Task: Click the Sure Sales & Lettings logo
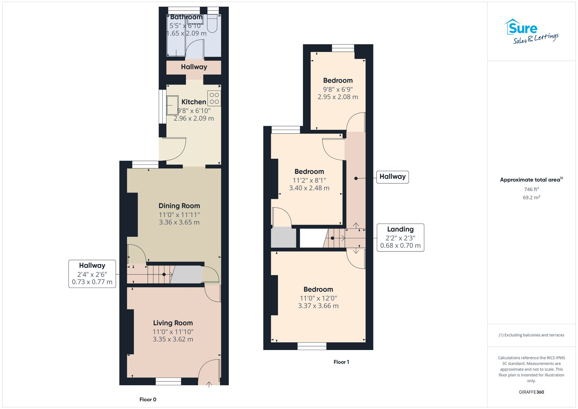point(531,32)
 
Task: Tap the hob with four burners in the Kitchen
point(214,98)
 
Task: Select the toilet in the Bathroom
point(212,24)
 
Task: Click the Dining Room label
point(179,206)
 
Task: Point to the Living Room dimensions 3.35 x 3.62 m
point(173,339)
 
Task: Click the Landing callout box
point(400,238)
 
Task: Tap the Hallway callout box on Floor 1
point(392,177)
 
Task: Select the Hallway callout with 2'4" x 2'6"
point(92,274)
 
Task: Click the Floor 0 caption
point(148,399)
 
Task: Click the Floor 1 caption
point(341,362)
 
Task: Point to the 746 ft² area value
point(531,189)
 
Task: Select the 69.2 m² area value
point(531,198)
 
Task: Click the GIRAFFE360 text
point(531,392)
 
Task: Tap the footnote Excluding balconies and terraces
point(531,335)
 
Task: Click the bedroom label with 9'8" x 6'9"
point(338,81)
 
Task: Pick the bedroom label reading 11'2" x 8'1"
point(309,172)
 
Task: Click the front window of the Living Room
point(168,382)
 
